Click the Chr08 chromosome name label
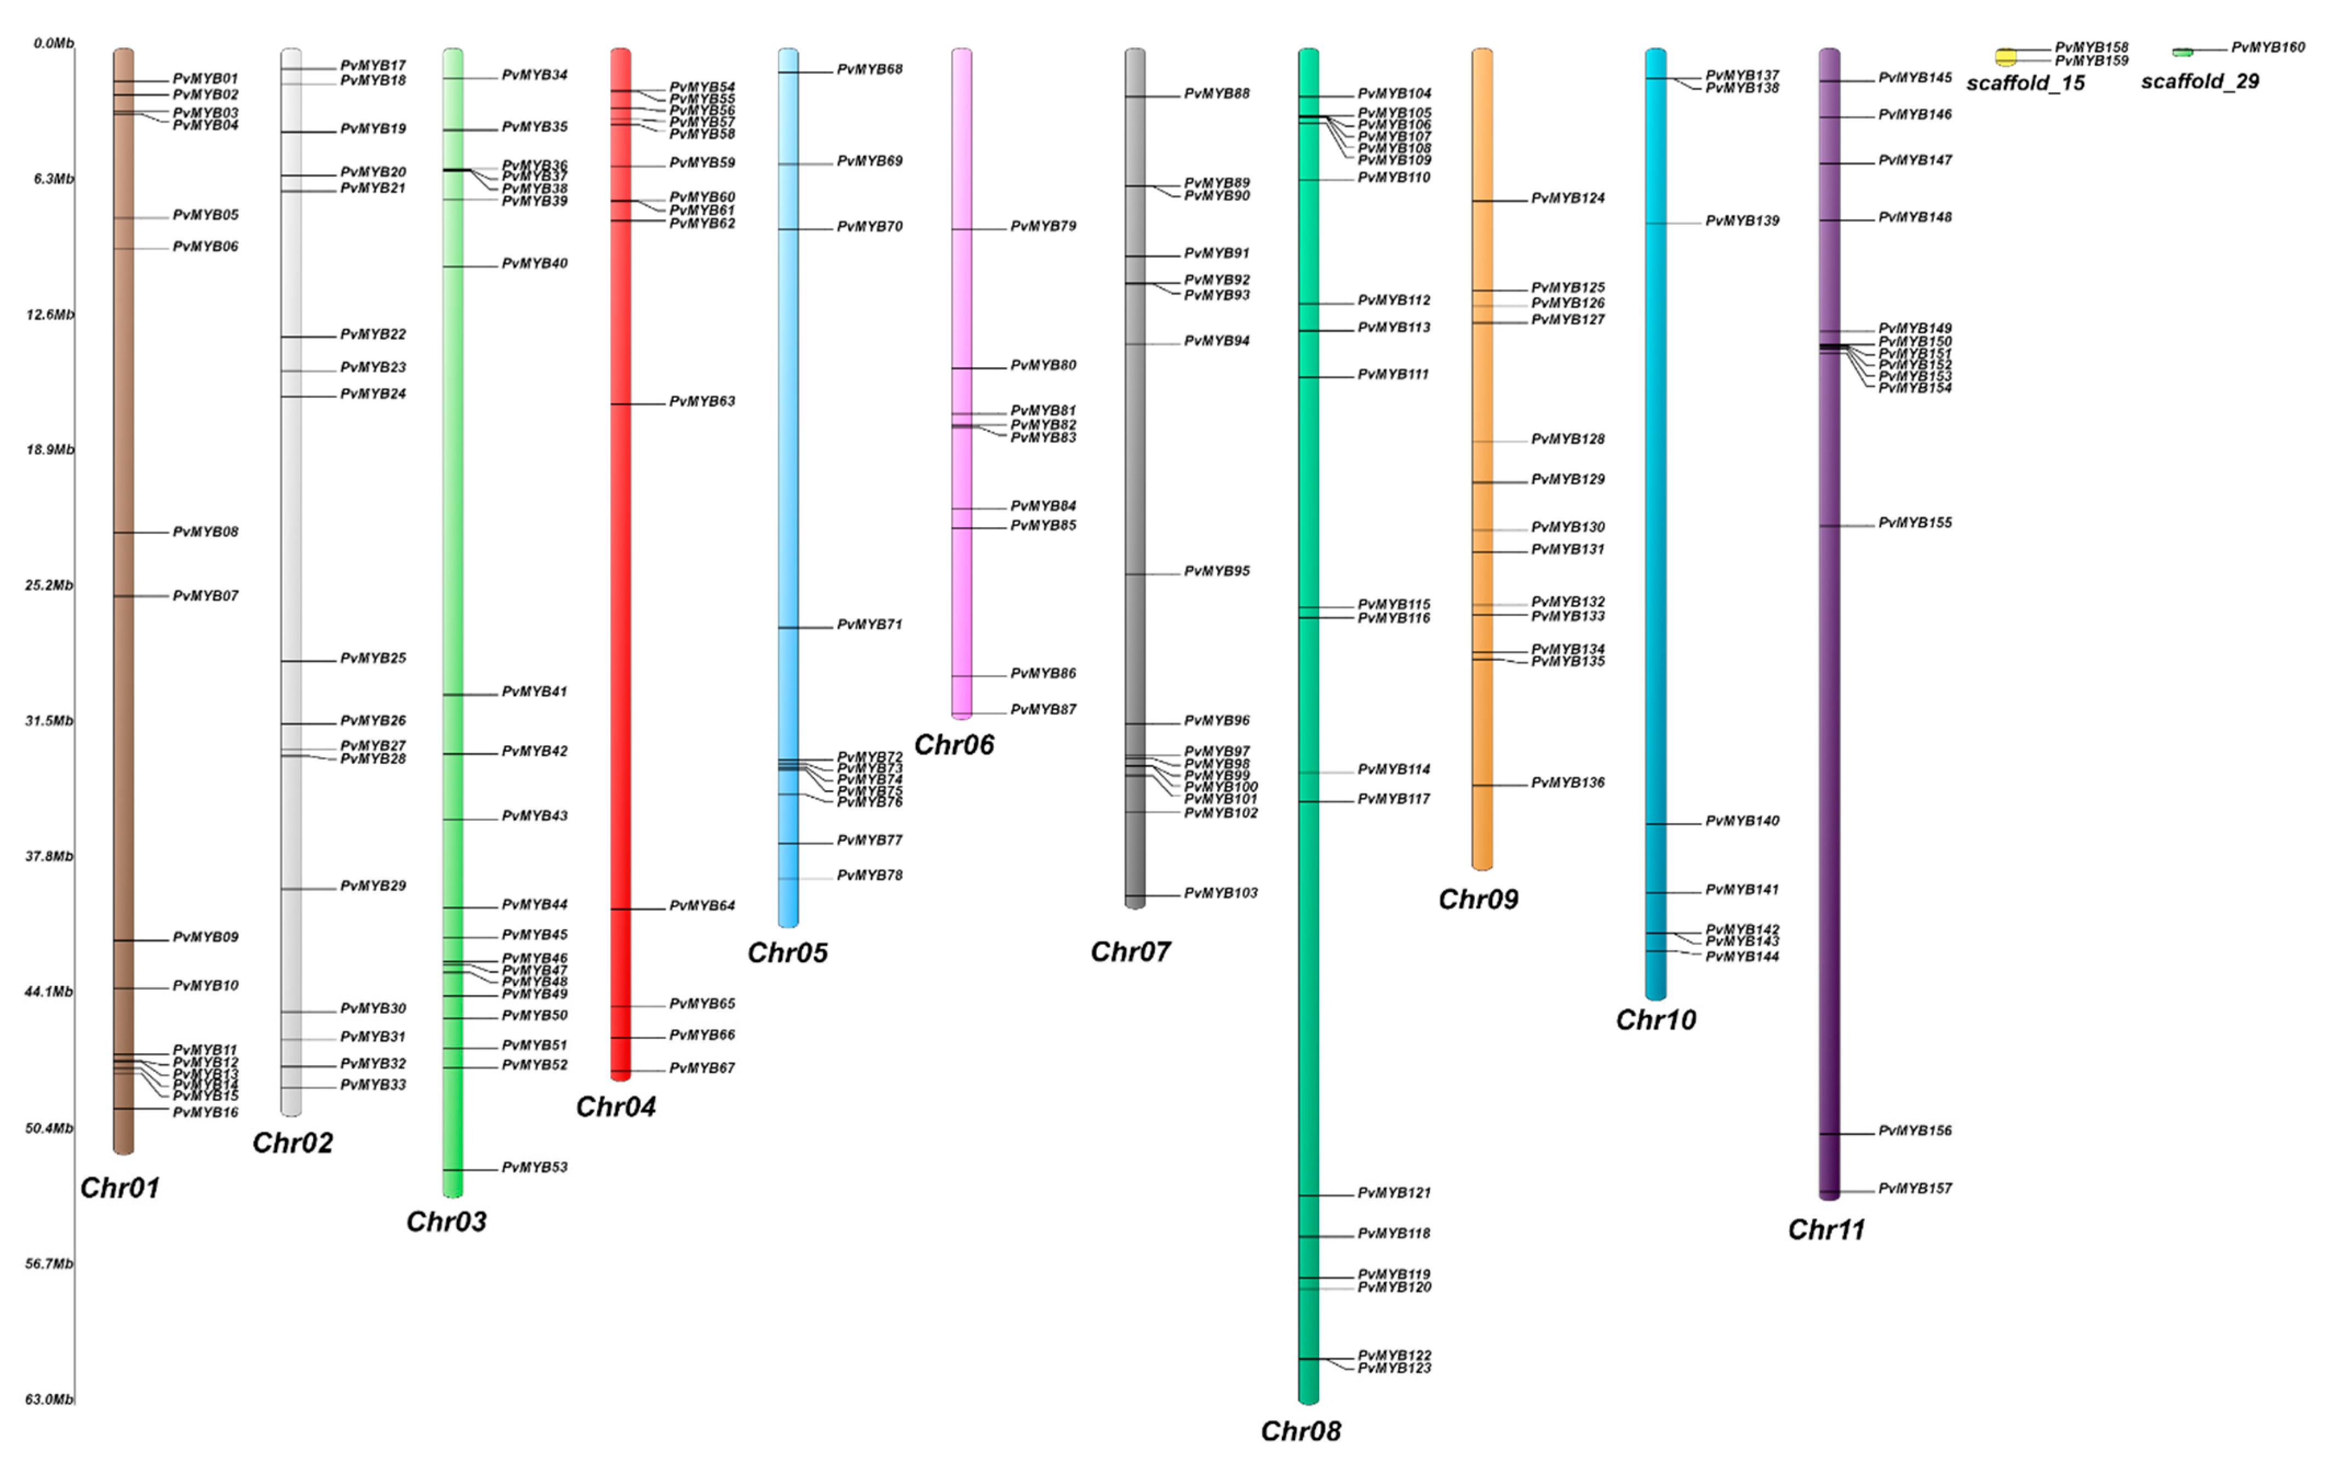tap(1301, 1430)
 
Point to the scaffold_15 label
tap(2025, 83)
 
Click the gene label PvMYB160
tap(2267, 47)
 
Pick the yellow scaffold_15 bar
tap(2006, 56)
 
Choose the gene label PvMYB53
tap(534, 1168)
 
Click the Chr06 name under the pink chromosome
tap(954, 745)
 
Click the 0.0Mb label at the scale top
tap(53, 43)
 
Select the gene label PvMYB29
tap(373, 886)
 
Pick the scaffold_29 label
tap(2200, 81)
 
